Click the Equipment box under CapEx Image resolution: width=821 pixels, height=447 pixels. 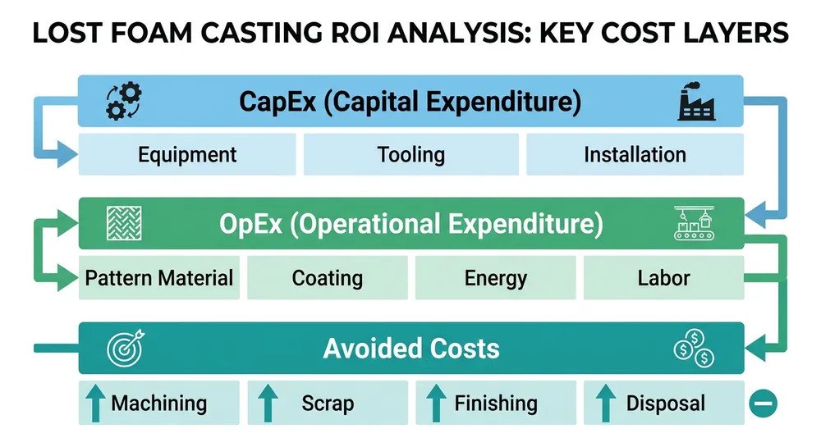click(x=187, y=154)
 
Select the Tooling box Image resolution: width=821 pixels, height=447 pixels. click(x=410, y=154)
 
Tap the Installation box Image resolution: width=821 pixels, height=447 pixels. click(x=635, y=154)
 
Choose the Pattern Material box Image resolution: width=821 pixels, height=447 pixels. click(x=159, y=278)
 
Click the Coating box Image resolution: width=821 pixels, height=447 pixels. click(x=327, y=278)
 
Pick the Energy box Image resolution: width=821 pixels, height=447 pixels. click(x=494, y=278)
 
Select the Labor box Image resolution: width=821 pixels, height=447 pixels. click(x=663, y=278)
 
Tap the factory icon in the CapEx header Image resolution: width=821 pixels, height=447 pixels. click(x=696, y=103)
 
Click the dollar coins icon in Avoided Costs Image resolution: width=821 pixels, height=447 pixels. click(x=694, y=348)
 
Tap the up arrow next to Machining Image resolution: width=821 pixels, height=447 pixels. click(x=96, y=403)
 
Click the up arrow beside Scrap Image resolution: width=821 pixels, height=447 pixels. click(x=268, y=403)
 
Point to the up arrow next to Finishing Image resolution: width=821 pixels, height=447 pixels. click(x=436, y=403)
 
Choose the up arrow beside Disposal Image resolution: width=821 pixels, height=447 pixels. click(x=605, y=403)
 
